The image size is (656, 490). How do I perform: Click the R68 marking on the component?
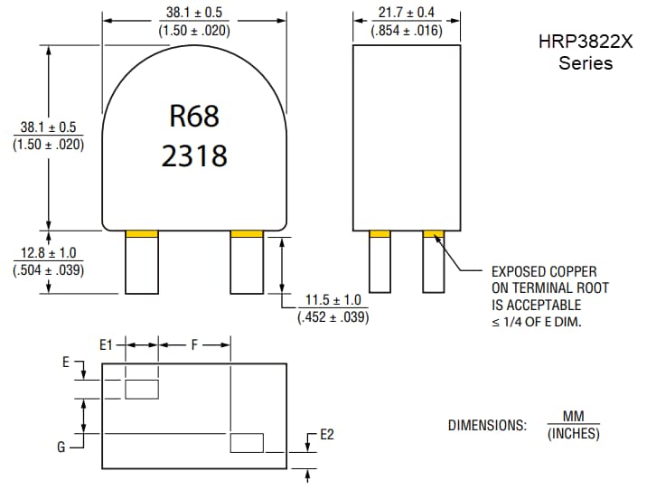coord(194,116)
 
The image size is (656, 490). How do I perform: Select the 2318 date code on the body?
coord(194,155)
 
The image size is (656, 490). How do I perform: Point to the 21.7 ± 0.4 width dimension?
coord(406,13)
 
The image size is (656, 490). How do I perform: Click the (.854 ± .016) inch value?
coord(406,30)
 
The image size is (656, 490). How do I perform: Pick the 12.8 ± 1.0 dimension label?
coord(49,253)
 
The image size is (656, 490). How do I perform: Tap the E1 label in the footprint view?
coord(107,344)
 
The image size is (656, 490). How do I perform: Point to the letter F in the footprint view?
coord(194,344)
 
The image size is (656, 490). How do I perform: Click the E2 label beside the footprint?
coord(327,435)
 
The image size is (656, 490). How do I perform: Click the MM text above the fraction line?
coord(573,417)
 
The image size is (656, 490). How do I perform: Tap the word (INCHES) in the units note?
coord(573,433)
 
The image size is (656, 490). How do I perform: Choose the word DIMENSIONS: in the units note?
coord(487,425)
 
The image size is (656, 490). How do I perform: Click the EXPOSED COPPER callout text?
coord(543,271)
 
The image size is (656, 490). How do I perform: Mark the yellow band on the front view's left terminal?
coord(142,234)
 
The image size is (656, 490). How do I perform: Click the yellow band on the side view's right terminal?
coord(435,234)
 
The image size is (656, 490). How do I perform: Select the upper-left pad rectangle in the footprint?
coord(142,389)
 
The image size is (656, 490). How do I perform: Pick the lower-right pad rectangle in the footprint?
coord(247,443)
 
